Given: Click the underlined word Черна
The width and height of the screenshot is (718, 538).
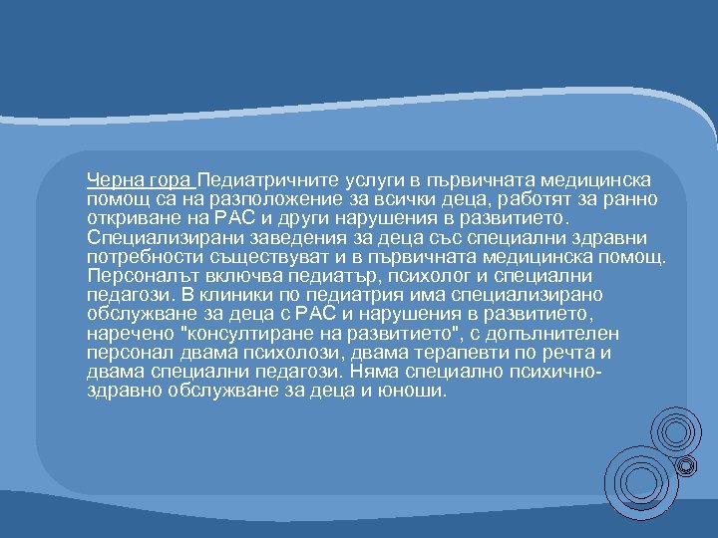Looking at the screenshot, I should pyautogui.click(x=113, y=180).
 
